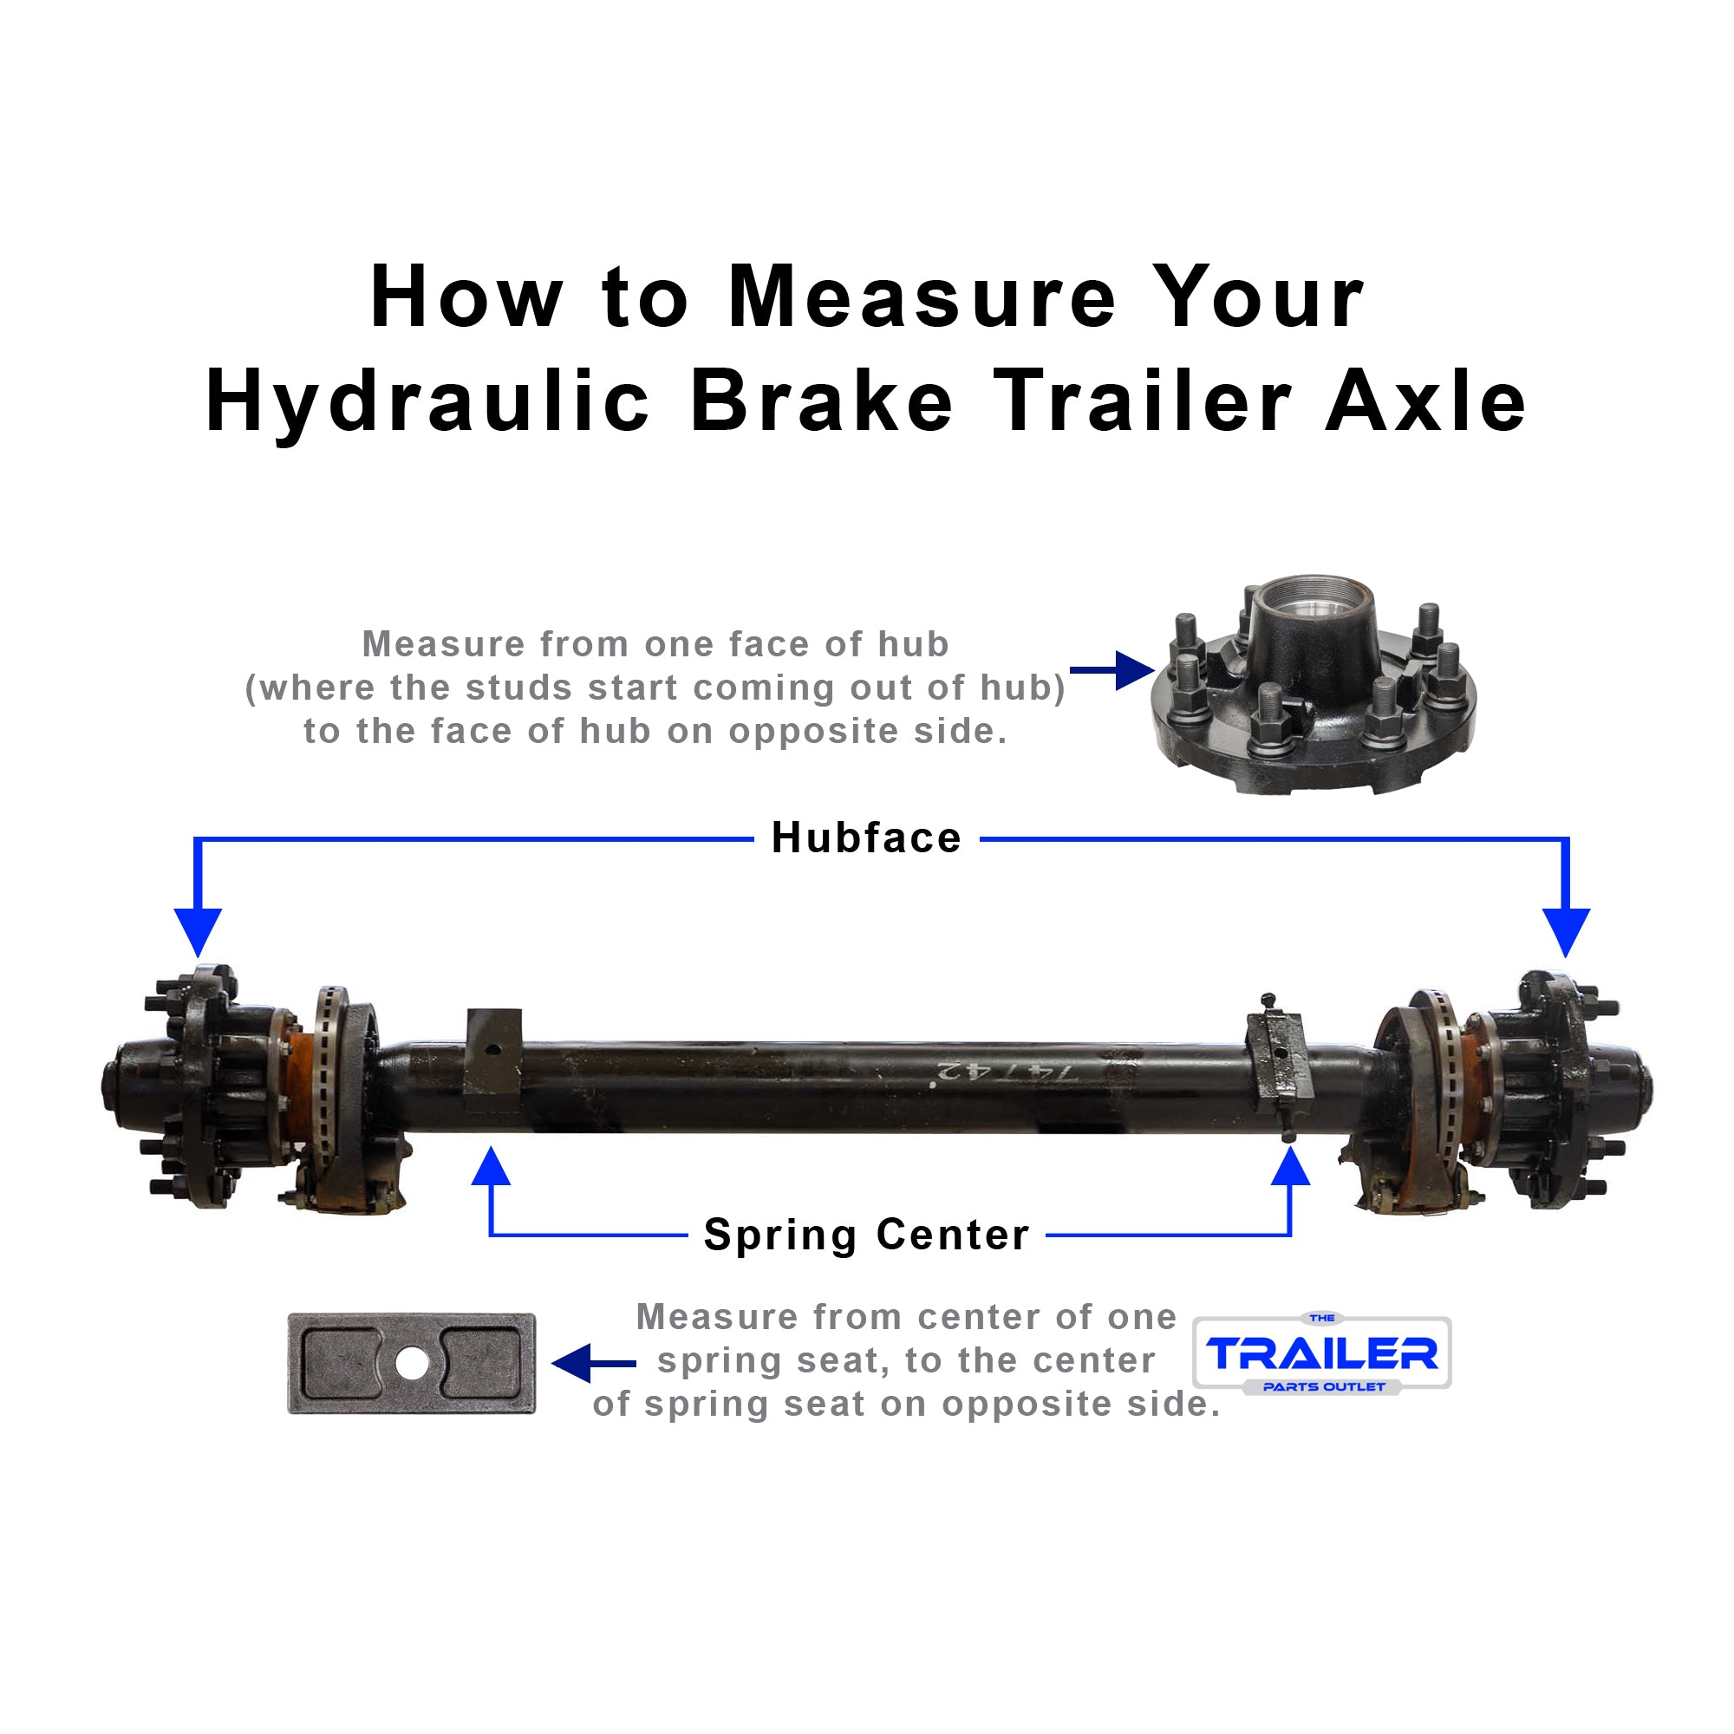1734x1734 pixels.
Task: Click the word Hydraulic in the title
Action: coord(427,403)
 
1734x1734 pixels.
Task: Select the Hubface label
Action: coord(866,838)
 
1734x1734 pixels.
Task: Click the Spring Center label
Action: coord(866,1235)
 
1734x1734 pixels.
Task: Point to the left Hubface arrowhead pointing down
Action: coord(198,932)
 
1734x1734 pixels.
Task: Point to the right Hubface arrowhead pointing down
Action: coord(1566,932)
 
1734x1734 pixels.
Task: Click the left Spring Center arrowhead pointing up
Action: coord(491,1167)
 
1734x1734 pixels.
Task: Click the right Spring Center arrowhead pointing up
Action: coord(1291,1167)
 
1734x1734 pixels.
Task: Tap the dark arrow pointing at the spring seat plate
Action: coord(592,1364)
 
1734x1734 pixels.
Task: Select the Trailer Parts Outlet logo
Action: coord(1322,1353)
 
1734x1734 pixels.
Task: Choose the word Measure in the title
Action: coord(921,298)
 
